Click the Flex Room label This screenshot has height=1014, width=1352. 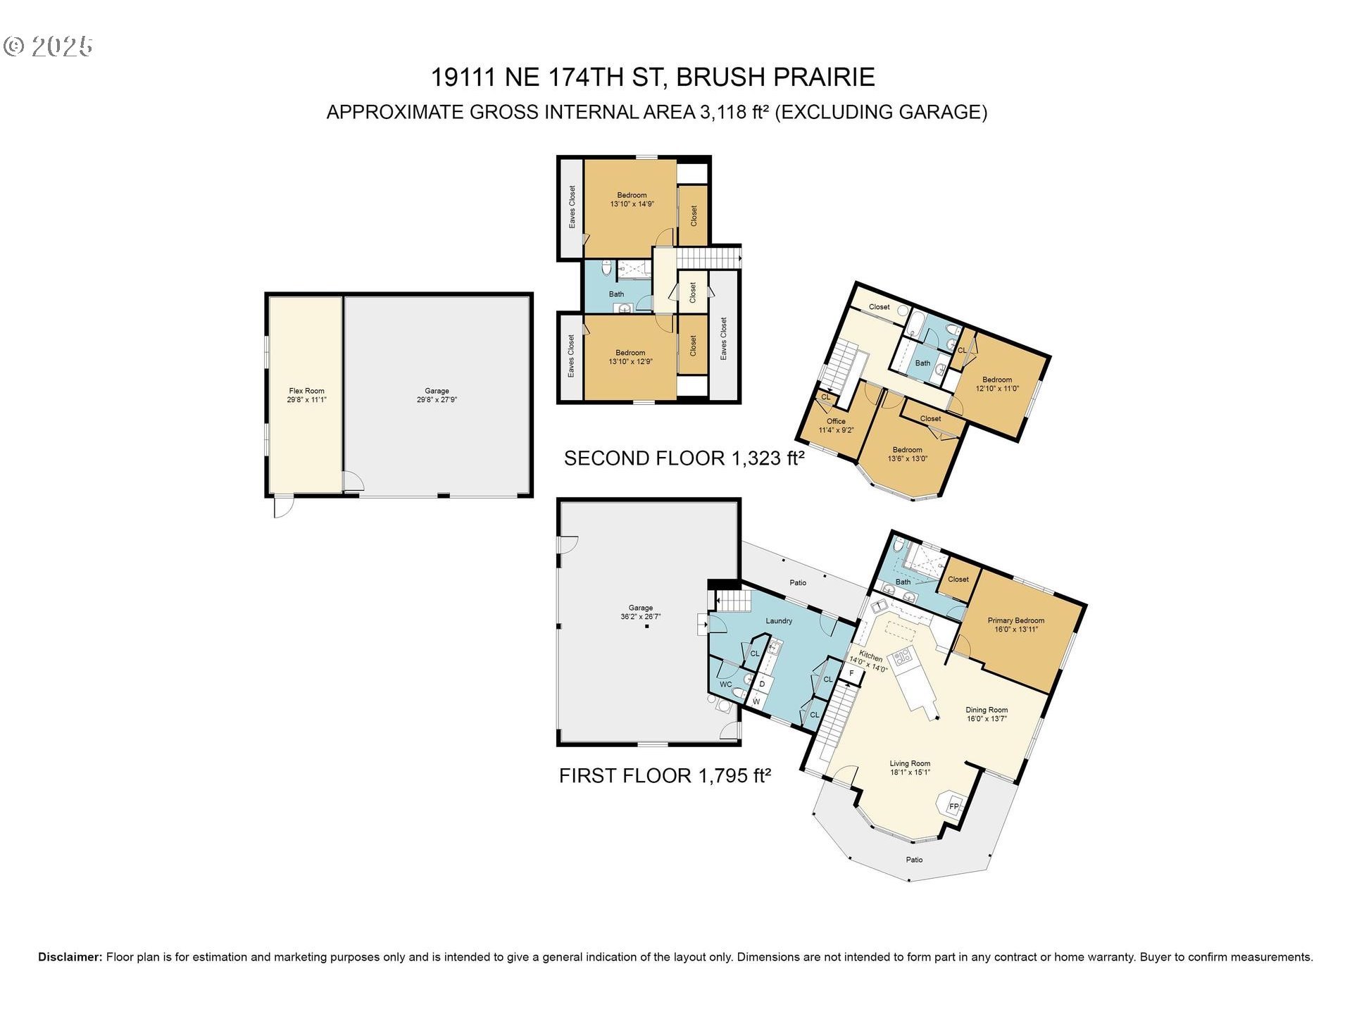coord(306,395)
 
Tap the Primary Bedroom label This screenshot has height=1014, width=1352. coord(1015,625)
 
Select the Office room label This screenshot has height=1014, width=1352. coord(836,425)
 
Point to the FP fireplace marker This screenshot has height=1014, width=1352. coord(953,806)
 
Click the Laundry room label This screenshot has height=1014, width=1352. coord(779,620)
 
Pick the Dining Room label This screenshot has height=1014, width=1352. coord(987,714)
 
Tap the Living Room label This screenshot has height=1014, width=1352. coord(910,768)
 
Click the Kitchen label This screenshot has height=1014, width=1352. coord(869,660)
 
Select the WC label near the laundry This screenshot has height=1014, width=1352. coord(725,684)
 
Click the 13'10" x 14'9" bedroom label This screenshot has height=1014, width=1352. coord(632,199)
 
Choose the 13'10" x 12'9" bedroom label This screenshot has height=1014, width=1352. coord(630,357)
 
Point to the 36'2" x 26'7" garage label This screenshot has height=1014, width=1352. coord(640,612)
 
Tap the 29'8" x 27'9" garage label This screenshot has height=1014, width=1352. coord(437,395)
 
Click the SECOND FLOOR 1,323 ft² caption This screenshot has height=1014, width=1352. coord(684,458)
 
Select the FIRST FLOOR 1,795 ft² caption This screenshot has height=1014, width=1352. coord(665,776)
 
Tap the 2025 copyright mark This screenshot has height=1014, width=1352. coord(48,46)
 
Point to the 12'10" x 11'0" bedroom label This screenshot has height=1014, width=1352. coord(997,384)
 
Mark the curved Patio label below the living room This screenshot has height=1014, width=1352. coord(914,860)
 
